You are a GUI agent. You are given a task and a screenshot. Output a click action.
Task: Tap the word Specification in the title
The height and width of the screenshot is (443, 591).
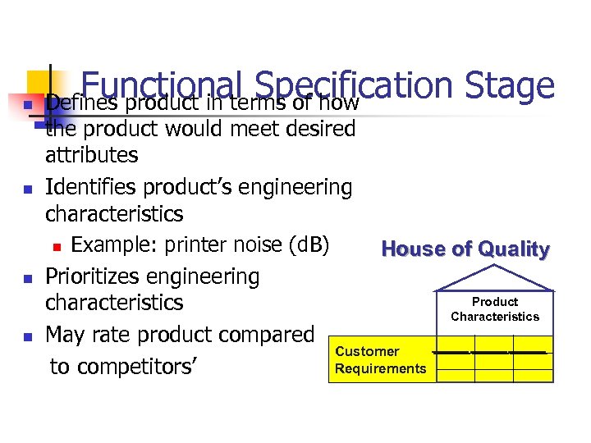(354, 86)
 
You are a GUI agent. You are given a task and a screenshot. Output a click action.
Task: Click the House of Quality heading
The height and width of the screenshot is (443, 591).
(465, 249)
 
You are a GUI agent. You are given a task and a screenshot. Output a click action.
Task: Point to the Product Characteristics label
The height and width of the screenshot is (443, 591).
(495, 309)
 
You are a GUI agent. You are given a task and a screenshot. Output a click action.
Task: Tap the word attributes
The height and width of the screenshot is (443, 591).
(92, 154)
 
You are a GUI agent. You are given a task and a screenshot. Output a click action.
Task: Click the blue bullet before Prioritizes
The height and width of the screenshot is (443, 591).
(29, 278)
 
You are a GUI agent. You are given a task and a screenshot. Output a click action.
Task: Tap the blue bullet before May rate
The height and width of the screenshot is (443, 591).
(29, 336)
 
